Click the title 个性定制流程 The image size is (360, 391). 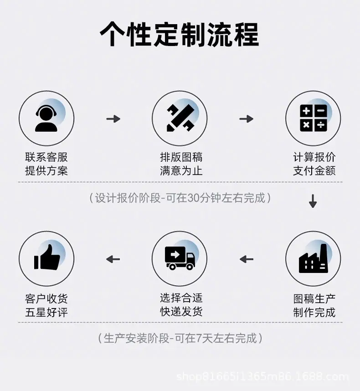180,34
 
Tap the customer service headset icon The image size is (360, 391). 46,118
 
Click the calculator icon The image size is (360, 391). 313,118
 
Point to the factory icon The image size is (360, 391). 313,258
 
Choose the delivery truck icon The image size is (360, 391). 180,258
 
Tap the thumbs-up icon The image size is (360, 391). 47,257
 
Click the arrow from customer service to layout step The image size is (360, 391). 113,118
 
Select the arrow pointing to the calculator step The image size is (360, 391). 247,118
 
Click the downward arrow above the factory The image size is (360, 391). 313,201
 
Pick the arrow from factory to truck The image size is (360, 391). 247,259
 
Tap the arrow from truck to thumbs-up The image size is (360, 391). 113,259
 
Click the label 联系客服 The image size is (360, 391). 46,157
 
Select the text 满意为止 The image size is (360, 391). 181,171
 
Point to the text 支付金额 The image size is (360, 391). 314,171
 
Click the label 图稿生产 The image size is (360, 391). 314,298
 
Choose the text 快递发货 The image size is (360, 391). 181,311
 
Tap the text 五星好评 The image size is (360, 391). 46,312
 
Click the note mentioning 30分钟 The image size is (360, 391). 180,198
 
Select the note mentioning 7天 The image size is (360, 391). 180,339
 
